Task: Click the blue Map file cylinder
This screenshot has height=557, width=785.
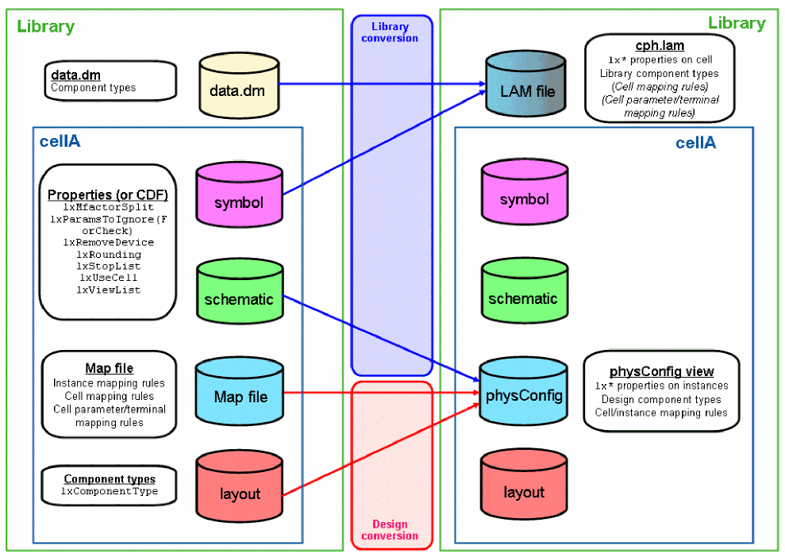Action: coord(241,396)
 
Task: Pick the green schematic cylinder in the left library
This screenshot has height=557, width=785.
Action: coord(238,299)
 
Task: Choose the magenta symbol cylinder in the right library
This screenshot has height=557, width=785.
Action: coord(523,198)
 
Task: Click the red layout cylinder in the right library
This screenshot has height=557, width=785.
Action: coord(523,492)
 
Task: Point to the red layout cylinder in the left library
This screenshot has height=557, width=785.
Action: coord(240,494)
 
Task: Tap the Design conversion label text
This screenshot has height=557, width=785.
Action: coord(389,530)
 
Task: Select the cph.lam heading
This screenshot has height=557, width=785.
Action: coord(660,46)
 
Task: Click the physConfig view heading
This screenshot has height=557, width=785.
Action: coord(661,371)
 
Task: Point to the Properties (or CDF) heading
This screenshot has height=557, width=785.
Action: coord(108,194)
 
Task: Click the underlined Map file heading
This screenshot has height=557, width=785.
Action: coord(109,368)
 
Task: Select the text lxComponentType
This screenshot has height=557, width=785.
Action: coord(110,491)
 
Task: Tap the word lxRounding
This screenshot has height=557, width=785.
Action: coord(109,255)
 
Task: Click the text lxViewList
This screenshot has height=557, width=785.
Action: coord(109,290)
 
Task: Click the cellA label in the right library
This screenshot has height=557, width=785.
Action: coord(695,143)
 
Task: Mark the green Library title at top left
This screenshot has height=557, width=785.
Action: coord(45,26)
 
